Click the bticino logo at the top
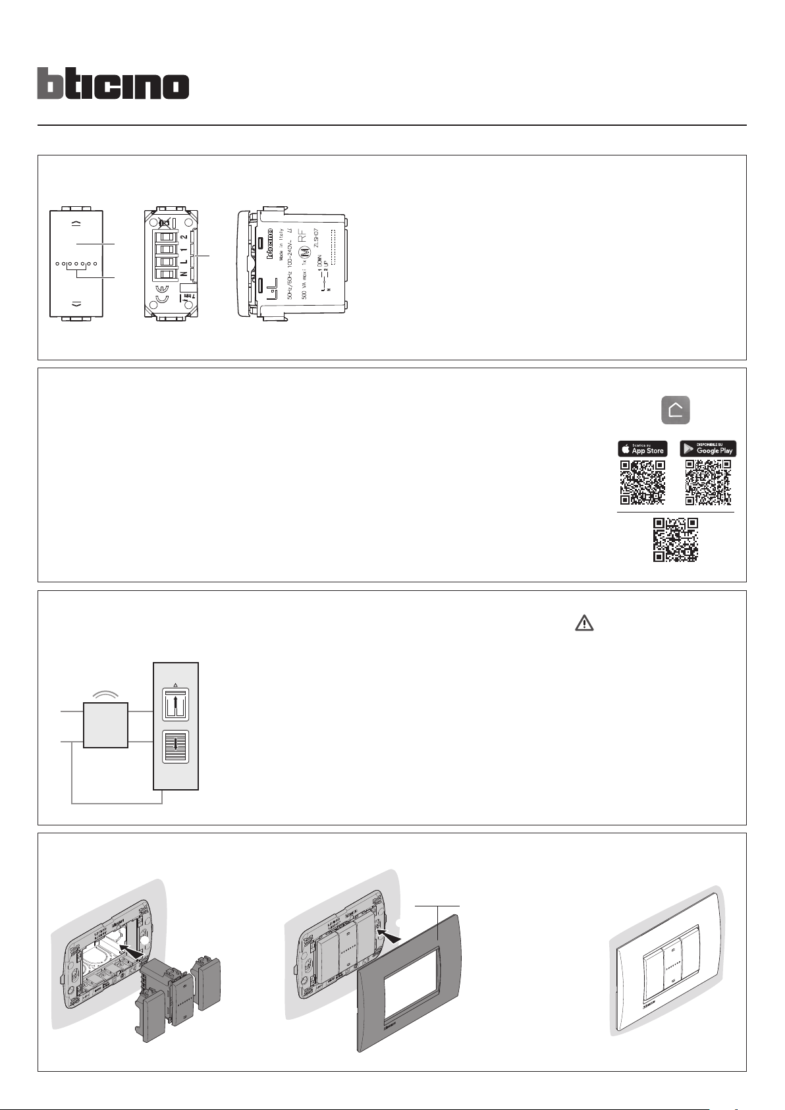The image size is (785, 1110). click(113, 84)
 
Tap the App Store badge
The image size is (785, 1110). click(642, 449)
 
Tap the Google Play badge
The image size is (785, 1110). click(708, 449)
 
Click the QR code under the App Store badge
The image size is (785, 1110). click(642, 483)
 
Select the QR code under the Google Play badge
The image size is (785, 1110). click(708, 483)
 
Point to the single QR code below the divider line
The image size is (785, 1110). click(675, 540)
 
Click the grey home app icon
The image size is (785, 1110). click(676, 410)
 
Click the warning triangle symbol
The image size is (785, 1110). click(584, 623)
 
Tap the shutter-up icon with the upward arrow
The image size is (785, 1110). click(175, 706)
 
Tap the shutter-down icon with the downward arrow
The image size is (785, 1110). click(175, 746)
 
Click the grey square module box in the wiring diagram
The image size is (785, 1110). click(105, 725)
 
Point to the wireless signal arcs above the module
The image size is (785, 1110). click(105, 693)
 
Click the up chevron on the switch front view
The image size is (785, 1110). click(76, 223)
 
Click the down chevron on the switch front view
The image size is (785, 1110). click(76, 304)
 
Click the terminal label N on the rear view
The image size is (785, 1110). click(184, 274)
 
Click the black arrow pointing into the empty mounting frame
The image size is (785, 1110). click(134, 949)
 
